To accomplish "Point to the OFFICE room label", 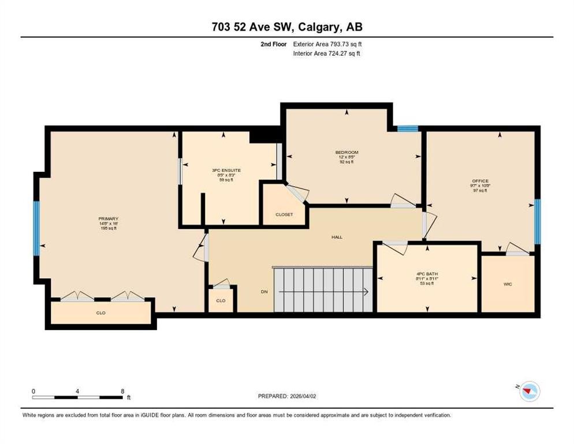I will tap(480, 181).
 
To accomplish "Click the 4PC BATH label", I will tap(427, 273).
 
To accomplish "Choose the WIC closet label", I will tap(508, 284).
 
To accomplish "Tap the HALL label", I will tap(337, 237).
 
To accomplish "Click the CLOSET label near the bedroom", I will tap(284, 214).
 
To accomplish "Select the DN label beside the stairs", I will tap(264, 292).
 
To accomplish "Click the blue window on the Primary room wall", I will tap(36, 228).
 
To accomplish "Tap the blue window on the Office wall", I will tap(538, 221).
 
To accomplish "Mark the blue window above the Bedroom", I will tap(407, 128).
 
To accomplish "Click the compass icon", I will tap(529, 392).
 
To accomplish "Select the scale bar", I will tap(78, 397).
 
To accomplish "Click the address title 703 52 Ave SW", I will tap(287, 27).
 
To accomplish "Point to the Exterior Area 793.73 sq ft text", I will tap(327, 44).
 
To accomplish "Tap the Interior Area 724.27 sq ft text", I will tap(327, 54).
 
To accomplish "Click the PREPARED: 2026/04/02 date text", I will tap(287, 396).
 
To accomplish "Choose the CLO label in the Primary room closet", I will tap(101, 313).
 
